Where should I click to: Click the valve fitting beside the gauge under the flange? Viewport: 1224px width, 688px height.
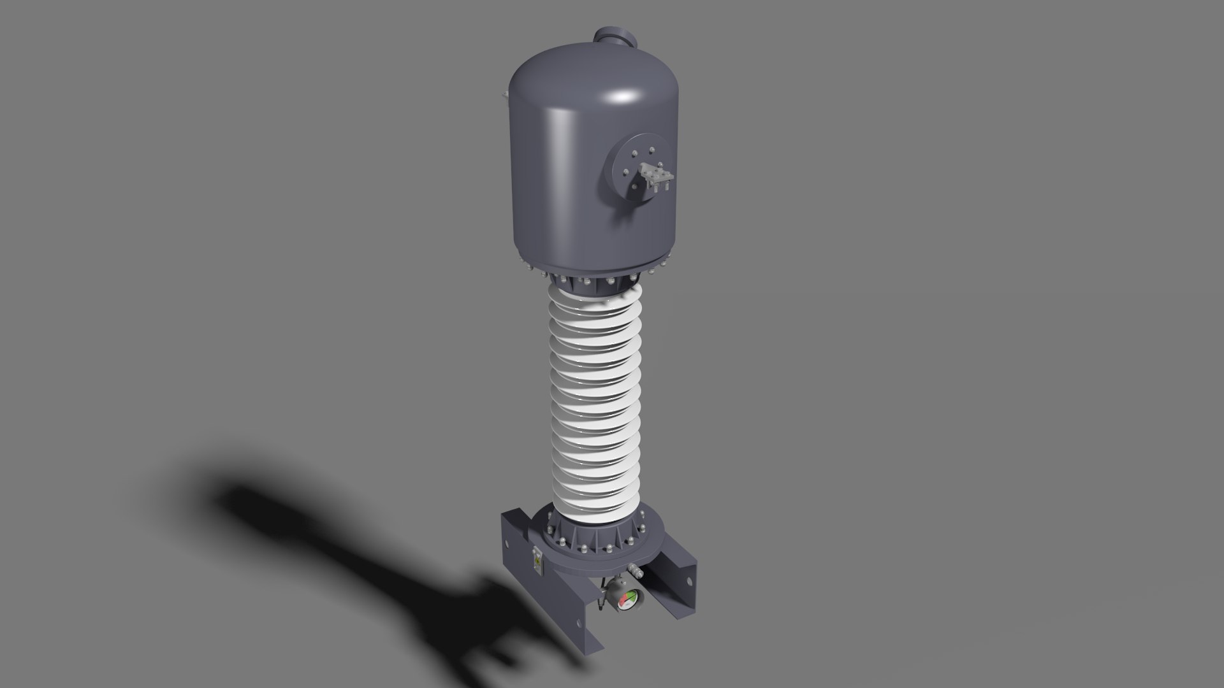pos(636,571)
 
